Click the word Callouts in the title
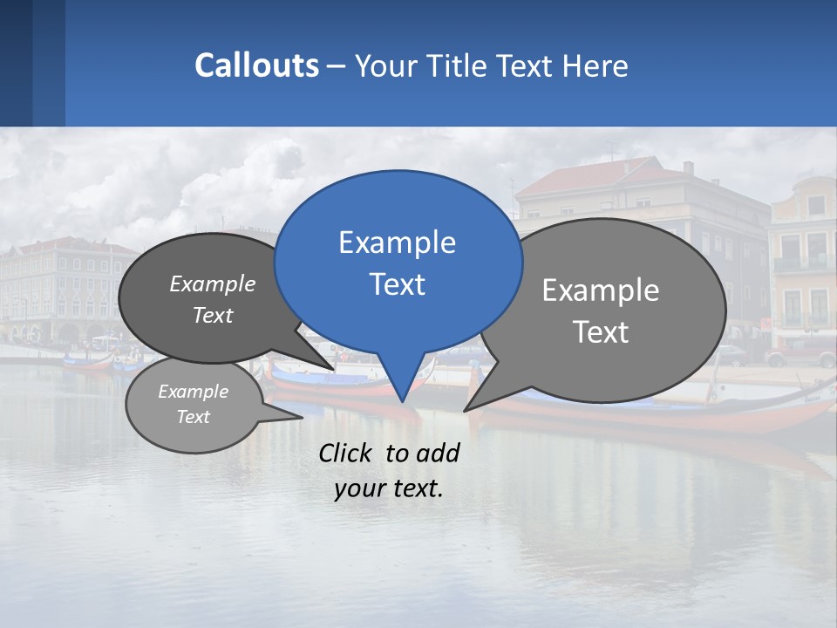pos(256,65)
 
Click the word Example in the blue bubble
pos(397,242)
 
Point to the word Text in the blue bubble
pos(397,284)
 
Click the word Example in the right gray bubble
pos(601,290)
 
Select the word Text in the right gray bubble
pos(601,332)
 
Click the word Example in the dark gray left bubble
pos(213,284)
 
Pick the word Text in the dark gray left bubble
pos(213,316)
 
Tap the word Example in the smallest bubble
pos(194,392)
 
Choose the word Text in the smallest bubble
pos(194,417)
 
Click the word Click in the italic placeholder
pos(347,453)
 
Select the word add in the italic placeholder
pos(439,453)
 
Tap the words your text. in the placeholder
pos(389,489)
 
